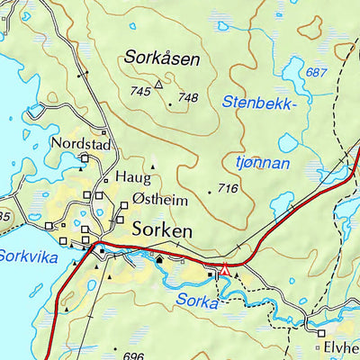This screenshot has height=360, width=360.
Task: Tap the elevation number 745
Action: (x=140, y=92)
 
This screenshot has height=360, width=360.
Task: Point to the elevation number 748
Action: (x=187, y=98)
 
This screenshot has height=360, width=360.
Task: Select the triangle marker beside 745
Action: (x=159, y=85)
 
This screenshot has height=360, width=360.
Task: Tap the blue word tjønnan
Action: (x=262, y=163)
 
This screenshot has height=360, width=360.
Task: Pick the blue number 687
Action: (x=315, y=72)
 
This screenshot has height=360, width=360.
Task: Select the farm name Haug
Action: (x=128, y=176)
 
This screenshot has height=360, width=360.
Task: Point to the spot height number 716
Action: (x=229, y=189)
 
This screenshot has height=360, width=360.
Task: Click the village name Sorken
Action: (x=162, y=231)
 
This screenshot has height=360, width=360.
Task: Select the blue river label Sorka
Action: (x=198, y=301)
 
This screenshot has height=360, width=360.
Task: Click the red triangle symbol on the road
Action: (x=225, y=267)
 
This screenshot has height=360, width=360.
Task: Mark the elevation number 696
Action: (x=133, y=356)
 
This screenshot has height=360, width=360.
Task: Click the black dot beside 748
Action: (x=170, y=103)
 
